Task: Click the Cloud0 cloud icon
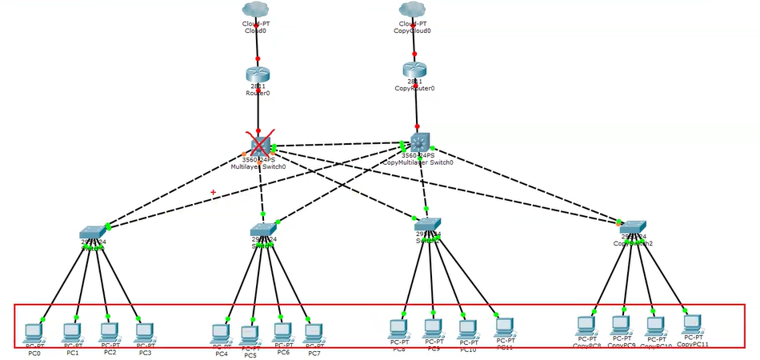[x=258, y=10]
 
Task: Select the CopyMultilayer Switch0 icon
[x=418, y=141]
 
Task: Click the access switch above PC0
[x=93, y=232]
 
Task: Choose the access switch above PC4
[x=263, y=230]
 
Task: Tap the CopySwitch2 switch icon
[x=632, y=227]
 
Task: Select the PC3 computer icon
[x=144, y=330]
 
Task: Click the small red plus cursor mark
[x=213, y=192]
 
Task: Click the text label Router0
[x=258, y=93]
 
